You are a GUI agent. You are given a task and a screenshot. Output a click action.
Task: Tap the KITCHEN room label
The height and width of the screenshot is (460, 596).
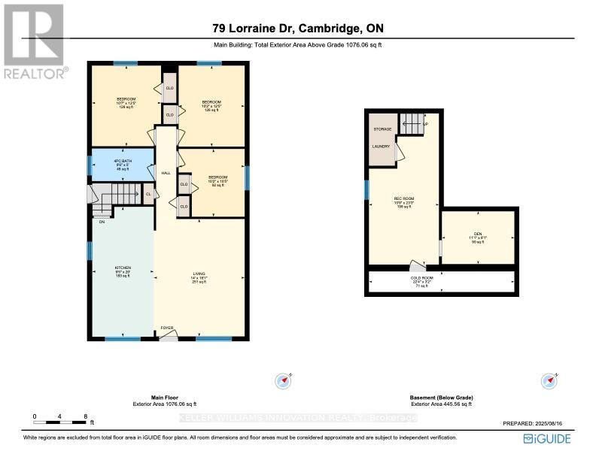coord(123,268)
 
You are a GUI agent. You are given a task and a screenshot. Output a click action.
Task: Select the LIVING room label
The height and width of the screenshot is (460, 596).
coord(199,274)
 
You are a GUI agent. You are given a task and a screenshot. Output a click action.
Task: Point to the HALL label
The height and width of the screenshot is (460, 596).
coord(166,174)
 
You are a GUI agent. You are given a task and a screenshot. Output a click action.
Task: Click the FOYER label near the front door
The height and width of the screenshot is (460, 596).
coord(166,328)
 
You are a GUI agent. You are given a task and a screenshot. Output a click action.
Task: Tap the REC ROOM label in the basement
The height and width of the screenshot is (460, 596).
coord(405,199)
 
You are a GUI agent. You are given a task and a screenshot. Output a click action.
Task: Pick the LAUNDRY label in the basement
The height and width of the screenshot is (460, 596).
coord(380,146)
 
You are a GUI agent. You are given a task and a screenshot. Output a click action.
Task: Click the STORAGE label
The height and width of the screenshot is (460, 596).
coord(382,129)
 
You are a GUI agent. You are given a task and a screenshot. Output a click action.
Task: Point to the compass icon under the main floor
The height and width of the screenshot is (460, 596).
coord(284,380)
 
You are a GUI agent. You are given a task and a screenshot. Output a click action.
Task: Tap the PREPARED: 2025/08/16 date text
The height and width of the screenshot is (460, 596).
coord(537,424)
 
